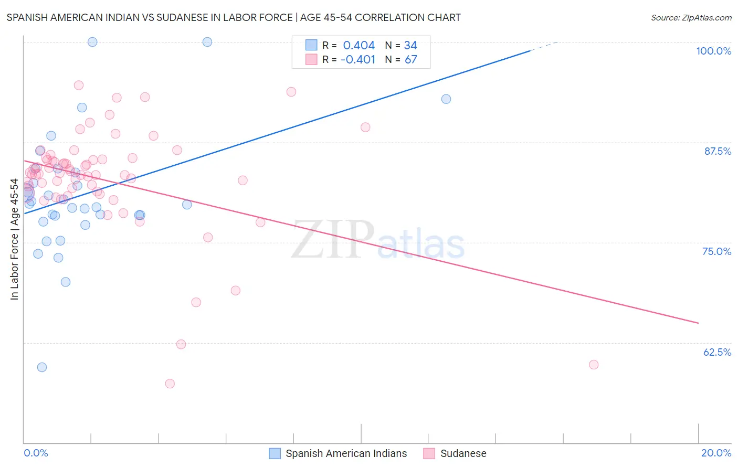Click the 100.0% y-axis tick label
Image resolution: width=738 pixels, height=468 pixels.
[x=713, y=51]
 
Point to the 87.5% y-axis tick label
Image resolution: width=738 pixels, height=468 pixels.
[x=717, y=151]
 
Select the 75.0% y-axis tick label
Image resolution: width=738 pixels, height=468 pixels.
[x=716, y=251]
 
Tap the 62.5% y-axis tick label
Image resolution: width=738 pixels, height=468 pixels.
[x=717, y=352]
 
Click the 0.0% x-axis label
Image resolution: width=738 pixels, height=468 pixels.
[x=36, y=453]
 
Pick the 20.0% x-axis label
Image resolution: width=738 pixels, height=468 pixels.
[x=716, y=453]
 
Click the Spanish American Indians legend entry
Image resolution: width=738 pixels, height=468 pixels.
[x=346, y=453]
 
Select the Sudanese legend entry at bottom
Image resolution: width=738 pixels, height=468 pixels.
[x=463, y=453]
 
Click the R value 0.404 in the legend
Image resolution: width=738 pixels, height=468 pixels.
[x=359, y=46]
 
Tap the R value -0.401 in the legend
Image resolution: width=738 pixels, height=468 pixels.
[x=357, y=59]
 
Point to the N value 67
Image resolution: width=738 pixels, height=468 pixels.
[x=410, y=59]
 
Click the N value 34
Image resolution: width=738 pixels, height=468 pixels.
[x=410, y=46]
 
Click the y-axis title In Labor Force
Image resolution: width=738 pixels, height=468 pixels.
[x=14, y=239]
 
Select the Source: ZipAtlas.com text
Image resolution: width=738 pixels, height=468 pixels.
[x=691, y=18]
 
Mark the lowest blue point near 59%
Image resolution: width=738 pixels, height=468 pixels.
[x=42, y=367]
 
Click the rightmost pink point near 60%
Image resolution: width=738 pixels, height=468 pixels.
[x=594, y=365]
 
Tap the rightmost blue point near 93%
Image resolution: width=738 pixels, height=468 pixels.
[x=446, y=99]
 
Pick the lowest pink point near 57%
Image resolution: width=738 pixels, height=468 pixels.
[x=170, y=384]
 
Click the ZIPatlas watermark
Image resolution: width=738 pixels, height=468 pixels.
[x=378, y=240]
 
